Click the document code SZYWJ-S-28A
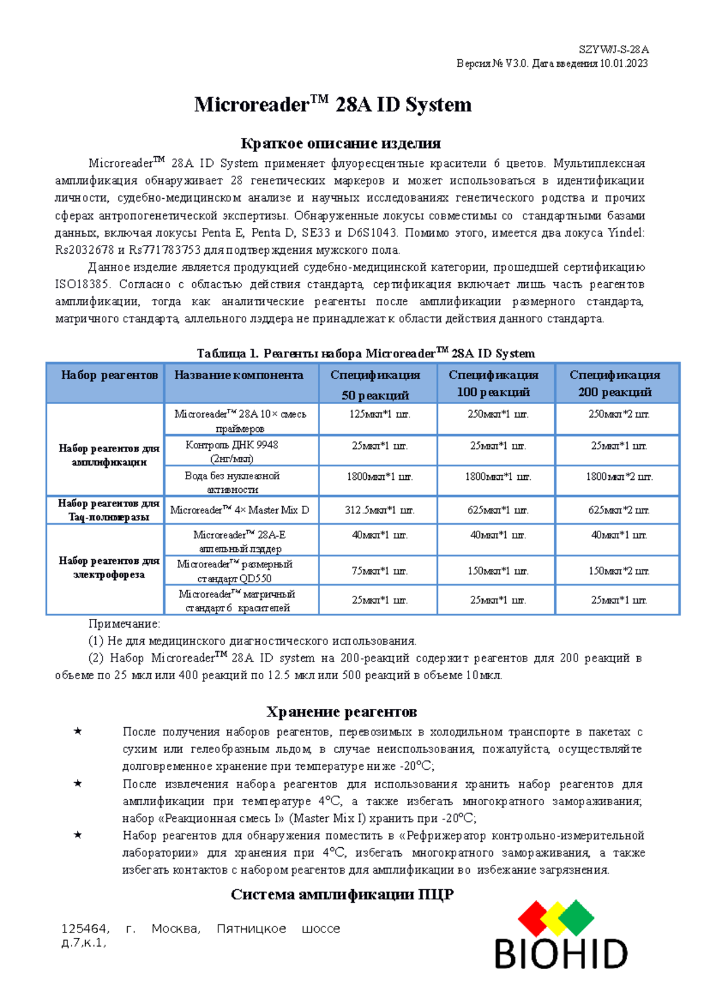coord(614,50)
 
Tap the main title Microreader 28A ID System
coord(333,105)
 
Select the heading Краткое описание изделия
coord(340,144)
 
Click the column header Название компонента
coord(238,375)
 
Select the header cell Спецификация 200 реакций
coord(615,383)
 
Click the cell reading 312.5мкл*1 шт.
coord(379,510)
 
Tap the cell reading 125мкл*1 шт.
coord(379,414)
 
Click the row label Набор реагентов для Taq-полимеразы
coord(109,510)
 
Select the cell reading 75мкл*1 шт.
coord(379,571)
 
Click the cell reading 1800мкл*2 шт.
coord(619,476)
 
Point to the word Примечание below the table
coord(124,624)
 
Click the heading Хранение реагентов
coord(341,712)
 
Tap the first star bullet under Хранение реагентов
coord(78,732)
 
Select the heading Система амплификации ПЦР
coord(341,895)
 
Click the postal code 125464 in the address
coord(85,929)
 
